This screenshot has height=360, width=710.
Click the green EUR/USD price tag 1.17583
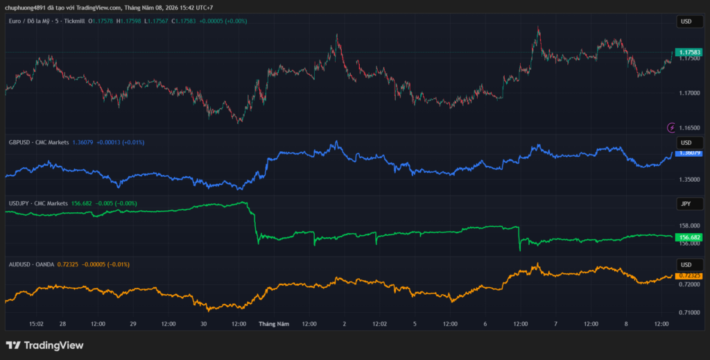(x=689, y=53)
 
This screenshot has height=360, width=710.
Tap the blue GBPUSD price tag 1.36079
(x=689, y=153)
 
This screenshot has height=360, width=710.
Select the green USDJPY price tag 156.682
(x=689, y=237)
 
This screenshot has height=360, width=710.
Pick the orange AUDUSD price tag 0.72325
(x=689, y=276)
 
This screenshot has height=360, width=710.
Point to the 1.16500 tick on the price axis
(x=689, y=128)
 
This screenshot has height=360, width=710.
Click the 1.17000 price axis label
(x=689, y=93)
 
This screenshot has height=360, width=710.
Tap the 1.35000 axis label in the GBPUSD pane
(x=689, y=180)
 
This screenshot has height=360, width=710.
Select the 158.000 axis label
(x=689, y=226)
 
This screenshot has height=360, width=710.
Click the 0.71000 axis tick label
(x=689, y=312)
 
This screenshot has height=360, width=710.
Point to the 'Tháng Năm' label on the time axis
(x=274, y=324)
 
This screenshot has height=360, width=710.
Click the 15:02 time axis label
(x=36, y=324)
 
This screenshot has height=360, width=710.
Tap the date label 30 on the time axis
(x=204, y=324)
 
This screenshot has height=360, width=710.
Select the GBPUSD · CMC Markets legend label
(x=39, y=143)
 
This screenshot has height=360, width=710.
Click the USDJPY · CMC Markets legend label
(x=39, y=204)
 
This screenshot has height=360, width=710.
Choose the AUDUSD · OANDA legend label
(x=31, y=264)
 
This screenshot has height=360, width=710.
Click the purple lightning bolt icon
(x=671, y=128)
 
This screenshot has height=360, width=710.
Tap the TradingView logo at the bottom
(x=45, y=345)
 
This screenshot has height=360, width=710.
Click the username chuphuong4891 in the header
(x=26, y=8)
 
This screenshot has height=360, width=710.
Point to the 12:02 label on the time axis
(x=379, y=324)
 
